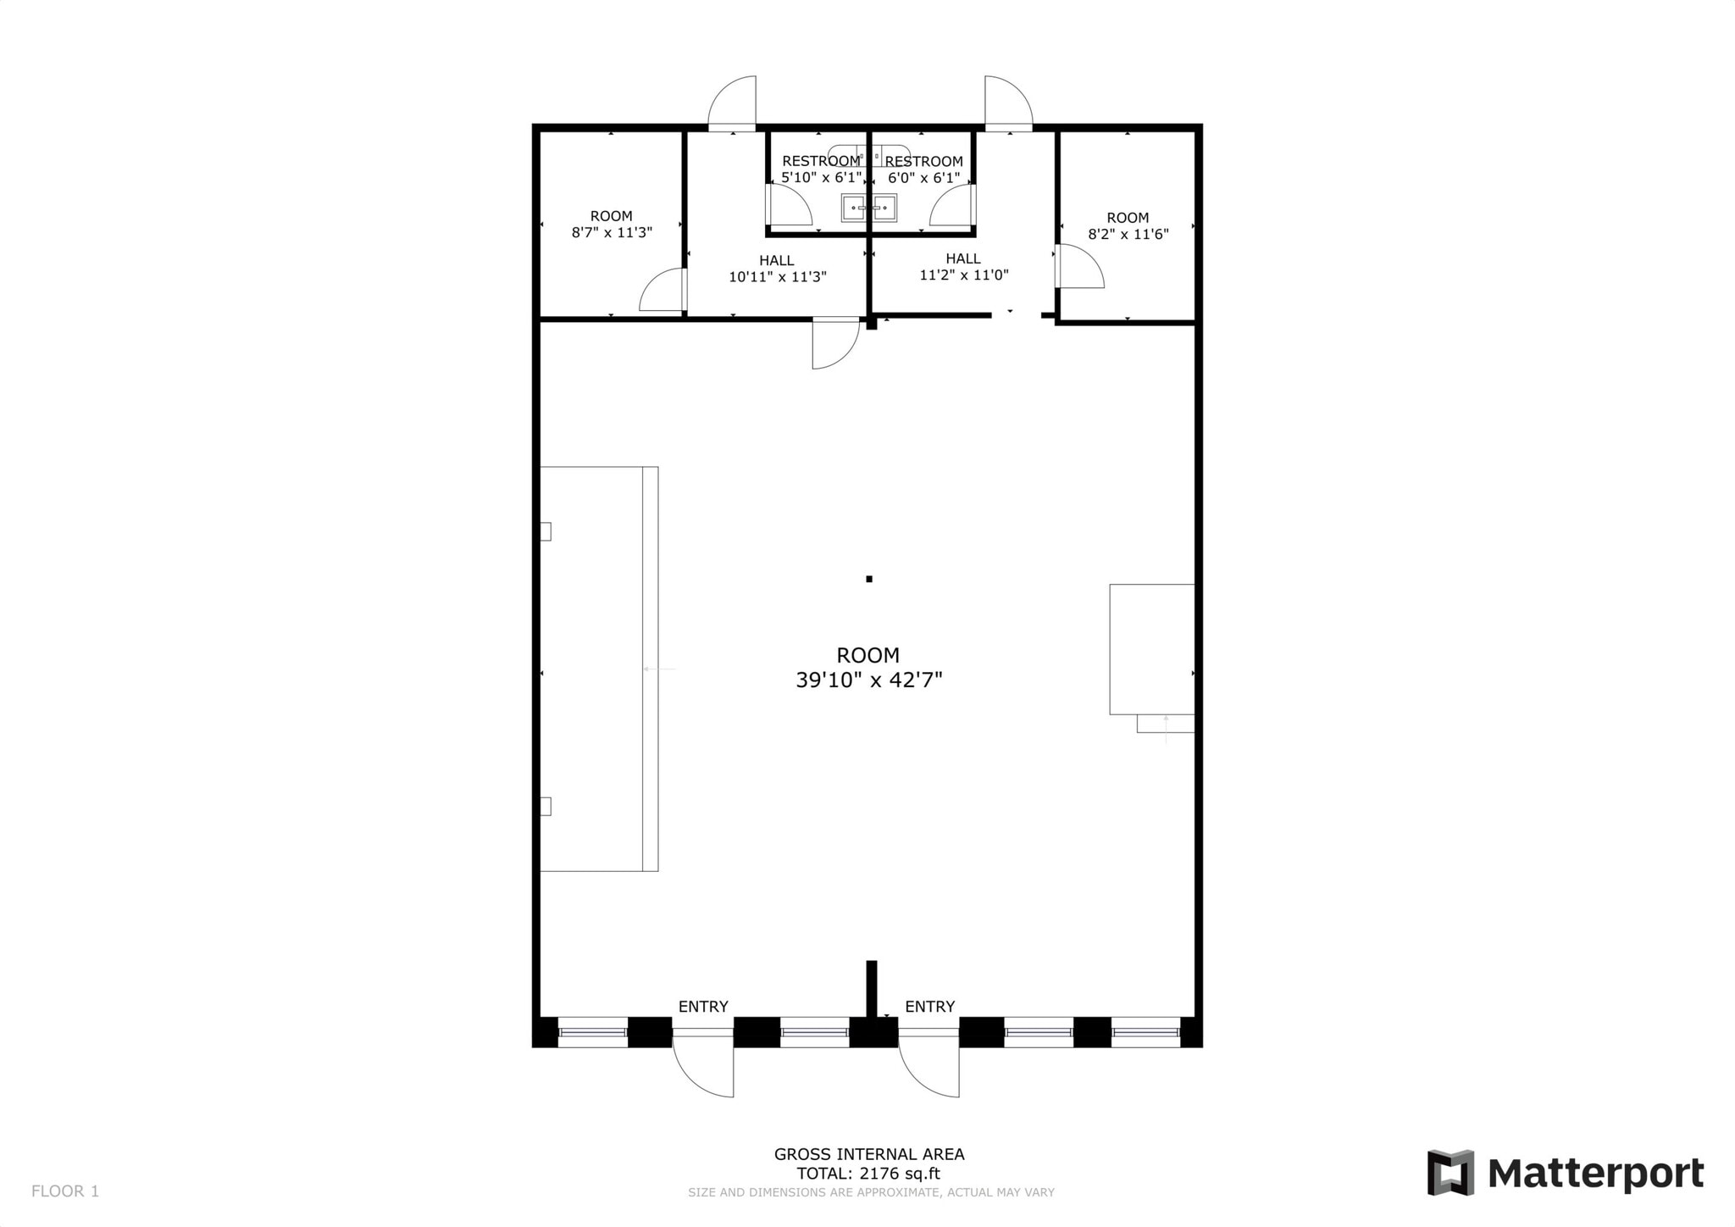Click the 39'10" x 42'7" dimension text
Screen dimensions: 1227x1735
868,680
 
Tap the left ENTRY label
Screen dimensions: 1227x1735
703,1007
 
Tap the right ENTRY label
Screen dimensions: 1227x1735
929,1007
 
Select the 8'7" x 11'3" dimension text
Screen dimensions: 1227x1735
612,232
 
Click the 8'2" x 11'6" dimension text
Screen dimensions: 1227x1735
1128,234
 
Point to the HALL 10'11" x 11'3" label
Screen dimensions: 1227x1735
777,269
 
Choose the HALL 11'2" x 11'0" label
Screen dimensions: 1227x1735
963,267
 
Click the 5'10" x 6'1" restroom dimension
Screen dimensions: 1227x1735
821,178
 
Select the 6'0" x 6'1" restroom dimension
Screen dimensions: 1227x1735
923,178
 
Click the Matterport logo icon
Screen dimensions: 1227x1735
1450,1173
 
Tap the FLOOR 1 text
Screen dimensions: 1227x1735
65,1191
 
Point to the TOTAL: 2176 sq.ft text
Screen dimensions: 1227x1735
868,1174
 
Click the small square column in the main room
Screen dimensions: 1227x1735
869,580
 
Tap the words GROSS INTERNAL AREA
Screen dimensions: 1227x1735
868,1154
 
